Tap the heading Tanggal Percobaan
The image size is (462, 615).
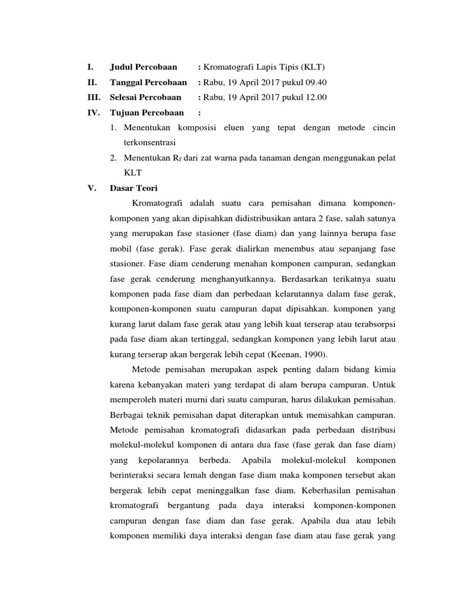(148, 82)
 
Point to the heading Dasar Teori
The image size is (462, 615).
(133, 187)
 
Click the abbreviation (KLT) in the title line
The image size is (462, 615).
(314, 66)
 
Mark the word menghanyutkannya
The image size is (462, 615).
(230, 278)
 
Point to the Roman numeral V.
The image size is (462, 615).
(92, 187)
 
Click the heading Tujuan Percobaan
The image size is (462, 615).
(147, 112)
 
